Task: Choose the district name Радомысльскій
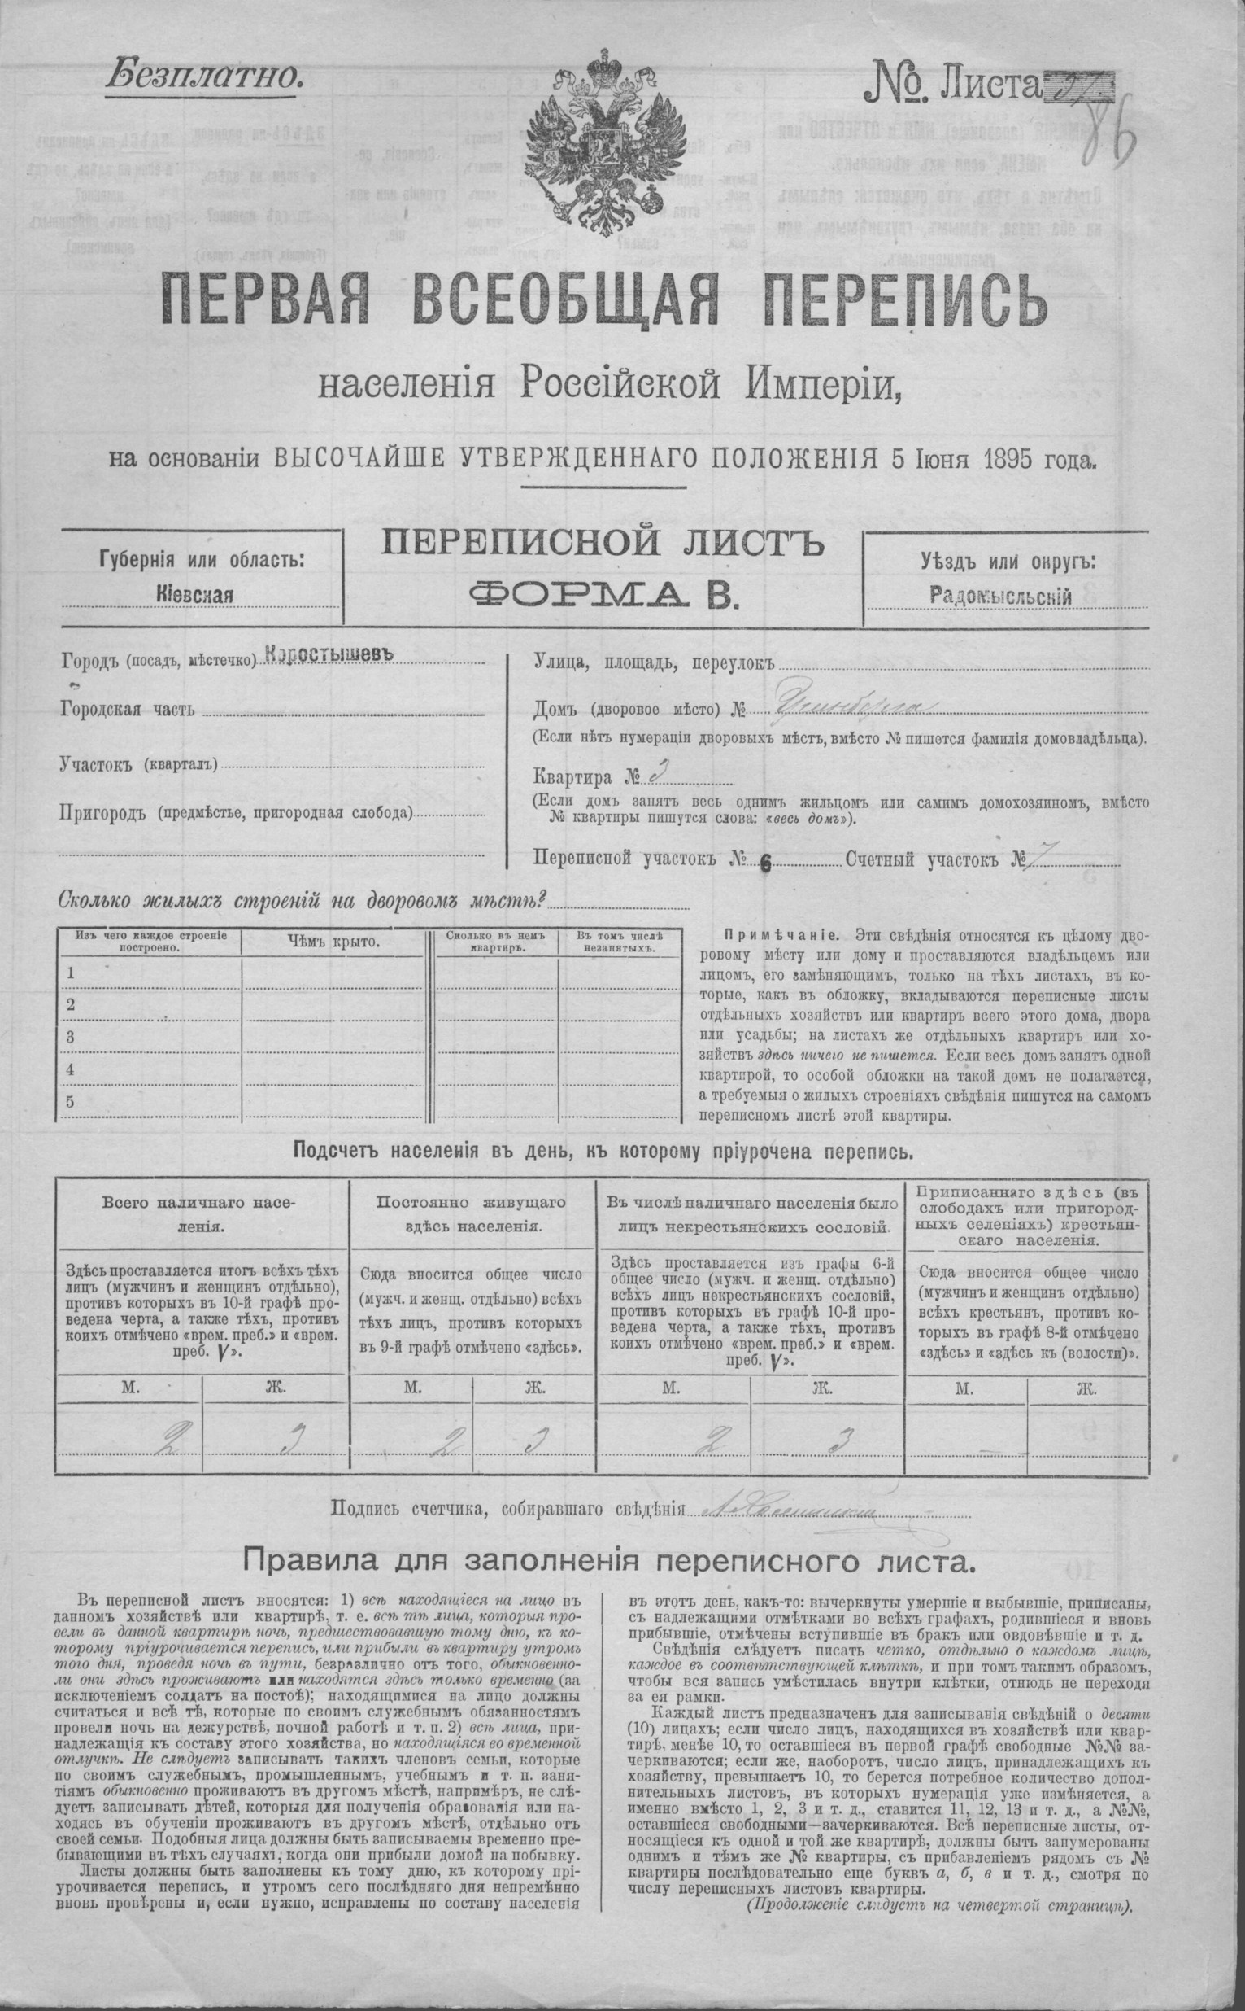pos(1000,595)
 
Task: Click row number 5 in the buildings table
pos(71,1101)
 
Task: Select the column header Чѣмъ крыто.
pos(333,942)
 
